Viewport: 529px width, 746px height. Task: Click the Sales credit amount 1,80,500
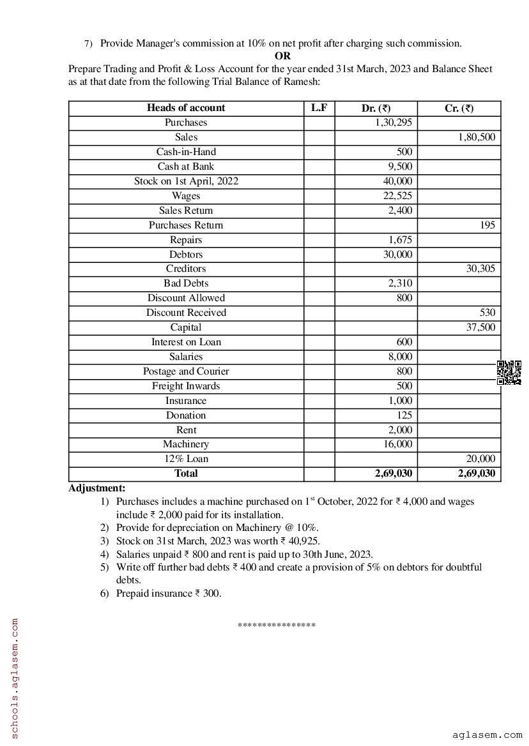[x=477, y=137]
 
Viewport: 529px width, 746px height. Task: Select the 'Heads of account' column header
[x=186, y=108]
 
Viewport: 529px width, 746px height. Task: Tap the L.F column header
[x=319, y=108]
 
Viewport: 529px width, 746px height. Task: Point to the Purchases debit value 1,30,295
[x=394, y=123]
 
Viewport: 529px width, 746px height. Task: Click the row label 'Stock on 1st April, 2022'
[x=186, y=181]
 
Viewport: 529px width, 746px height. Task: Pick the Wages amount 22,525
[x=397, y=196]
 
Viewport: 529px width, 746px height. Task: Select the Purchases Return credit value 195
[x=487, y=225]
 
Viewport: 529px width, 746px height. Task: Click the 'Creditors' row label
[x=186, y=269]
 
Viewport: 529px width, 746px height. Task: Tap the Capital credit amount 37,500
[x=480, y=327]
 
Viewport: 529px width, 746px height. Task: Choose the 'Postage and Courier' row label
[x=186, y=371]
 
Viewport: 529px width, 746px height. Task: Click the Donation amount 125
[x=404, y=415]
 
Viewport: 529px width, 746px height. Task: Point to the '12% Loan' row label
[x=186, y=459]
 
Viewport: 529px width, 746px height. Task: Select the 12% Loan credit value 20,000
[x=480, y=459]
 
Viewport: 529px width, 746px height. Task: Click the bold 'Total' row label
[x=186, y=474]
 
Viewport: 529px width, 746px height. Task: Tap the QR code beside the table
[x=509, y=373]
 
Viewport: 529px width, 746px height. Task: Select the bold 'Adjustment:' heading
[x=97, y=488]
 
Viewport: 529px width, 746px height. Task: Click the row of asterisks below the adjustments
[x=277, y=625]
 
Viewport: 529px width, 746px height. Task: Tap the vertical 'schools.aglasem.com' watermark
[x=15, y=677]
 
